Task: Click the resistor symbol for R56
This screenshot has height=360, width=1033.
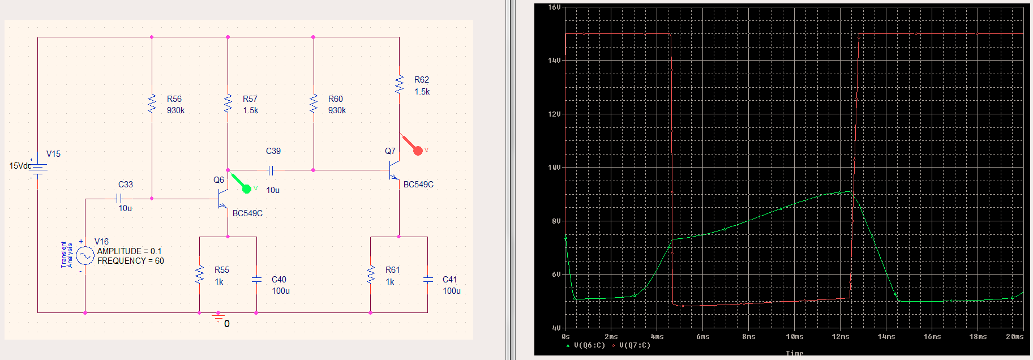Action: click(x=152, y=104)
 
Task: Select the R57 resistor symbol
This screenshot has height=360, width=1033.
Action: click(x=228, y=104)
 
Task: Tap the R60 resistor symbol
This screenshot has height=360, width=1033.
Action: click(x=314, y=104)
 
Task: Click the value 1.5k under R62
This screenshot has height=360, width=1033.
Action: click(x=422, y=92)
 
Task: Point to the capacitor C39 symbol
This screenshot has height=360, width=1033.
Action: click(x=271, y=170)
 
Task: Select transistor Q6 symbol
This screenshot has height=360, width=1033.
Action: click(x=222, y=199)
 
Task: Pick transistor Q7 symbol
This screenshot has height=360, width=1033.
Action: click(x=394, y=170)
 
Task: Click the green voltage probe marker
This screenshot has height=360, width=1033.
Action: click(x=246, y=188)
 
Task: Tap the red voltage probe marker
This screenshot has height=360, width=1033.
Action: click(x=418, y=150)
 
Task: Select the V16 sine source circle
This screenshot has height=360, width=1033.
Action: click(x=85, y=256)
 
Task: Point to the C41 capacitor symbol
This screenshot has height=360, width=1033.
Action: click(x=428, y=279)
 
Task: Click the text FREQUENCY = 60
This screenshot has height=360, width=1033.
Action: click(x=130, y=261)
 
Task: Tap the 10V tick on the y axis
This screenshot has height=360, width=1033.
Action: click(x=555, y=168)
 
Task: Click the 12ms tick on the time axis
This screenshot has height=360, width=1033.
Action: click(x=840, y=337)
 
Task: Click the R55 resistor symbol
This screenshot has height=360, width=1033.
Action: click(x=199, y=275)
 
